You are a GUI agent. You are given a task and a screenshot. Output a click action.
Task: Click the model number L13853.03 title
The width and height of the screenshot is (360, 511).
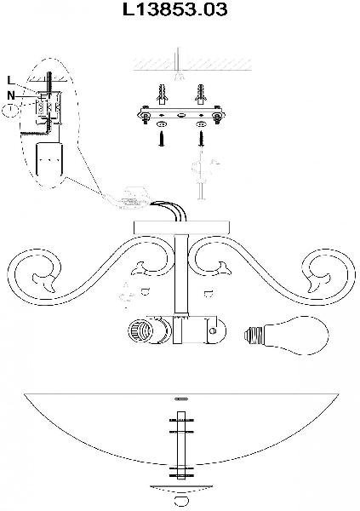(x=175, y=9)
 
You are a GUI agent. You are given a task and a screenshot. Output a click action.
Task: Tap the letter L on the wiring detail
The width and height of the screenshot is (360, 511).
(x=10, y=80)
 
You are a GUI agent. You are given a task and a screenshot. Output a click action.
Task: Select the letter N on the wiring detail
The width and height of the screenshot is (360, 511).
(x=11, y=95)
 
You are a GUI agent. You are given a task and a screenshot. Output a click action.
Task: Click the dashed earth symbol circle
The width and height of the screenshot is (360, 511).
(x=9, y=110)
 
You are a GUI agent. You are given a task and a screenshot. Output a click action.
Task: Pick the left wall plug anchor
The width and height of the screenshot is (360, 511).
(x=162, y=95)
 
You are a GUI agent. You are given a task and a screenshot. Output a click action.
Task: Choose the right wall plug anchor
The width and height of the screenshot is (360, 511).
(x=200, y=95)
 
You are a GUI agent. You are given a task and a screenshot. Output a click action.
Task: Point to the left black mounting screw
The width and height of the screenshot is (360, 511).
(x=162, y=139)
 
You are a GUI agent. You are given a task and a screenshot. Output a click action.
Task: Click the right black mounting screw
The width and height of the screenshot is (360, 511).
(x=200, y=139)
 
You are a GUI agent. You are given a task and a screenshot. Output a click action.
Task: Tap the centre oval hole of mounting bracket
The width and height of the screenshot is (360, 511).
(x=180, y=115)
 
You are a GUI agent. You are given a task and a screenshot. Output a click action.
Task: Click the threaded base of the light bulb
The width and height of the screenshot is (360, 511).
(x=254, y=335)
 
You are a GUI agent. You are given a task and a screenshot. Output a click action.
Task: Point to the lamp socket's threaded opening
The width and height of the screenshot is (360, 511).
(x=140, y=332)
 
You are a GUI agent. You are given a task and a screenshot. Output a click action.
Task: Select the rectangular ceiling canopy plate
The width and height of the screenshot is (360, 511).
(x=182, y=227)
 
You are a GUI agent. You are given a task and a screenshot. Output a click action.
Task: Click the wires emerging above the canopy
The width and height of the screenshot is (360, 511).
(x=169, y=211)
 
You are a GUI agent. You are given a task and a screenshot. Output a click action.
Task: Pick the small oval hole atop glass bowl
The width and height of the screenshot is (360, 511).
(x=181, y=399)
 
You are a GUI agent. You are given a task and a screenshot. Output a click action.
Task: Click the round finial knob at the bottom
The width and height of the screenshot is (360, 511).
(x=181, y=500)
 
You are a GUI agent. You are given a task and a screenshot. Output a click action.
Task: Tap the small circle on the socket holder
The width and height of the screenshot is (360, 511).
(x=213, y=331)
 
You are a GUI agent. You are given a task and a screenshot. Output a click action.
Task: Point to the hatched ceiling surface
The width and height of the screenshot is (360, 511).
(x=192, y=65)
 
